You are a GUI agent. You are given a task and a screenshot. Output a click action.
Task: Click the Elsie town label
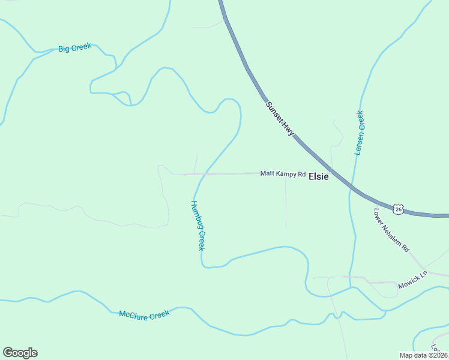pyautogui.click(x=319, y=177)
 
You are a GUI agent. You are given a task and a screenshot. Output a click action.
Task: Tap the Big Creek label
pyautogui.click(x=74, y=48)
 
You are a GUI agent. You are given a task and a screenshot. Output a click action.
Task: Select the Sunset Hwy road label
pyautogui.click(x=280, y=117)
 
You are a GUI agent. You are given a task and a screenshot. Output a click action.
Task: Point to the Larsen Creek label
pyautogui.click(x=359, y=133)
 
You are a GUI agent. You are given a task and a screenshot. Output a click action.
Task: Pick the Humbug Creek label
pyautogui.click(x=198, y=225)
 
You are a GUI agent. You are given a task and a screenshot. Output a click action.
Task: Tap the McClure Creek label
pyautogui.click(x=145, y=314)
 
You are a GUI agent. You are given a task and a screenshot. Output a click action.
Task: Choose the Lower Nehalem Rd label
pyautogui.click(x=391, y=230)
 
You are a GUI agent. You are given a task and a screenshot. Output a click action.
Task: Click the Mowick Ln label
pyautogui.click(x=412, y=281)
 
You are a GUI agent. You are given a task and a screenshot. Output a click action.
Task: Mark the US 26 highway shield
pyautogui.click(x=398, y=209)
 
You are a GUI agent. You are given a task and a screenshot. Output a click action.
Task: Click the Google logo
pyautogui.click(x=20, y=353)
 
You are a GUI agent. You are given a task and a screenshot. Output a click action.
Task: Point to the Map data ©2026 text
pyautogui.click(x=424, y=355)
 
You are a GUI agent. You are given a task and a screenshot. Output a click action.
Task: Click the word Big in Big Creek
pyautogui.click(x=64, y=49)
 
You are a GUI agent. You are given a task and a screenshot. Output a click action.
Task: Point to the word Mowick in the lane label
pyautogui.click(x=408, y=283)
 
